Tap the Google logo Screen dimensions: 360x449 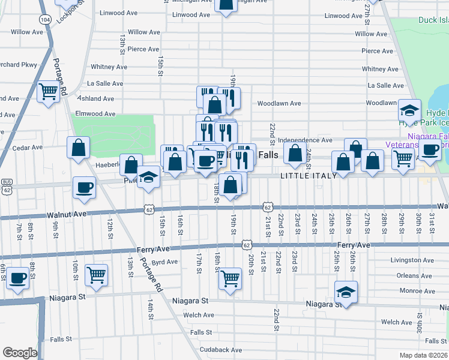pyautogui.click(x=20, y=353)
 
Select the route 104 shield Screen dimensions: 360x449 pyautogui.click(x=46, y=20)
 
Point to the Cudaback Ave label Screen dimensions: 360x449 pyautogui.click(x=221, y=350)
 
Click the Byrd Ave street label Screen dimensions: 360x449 pyautogui.click(x=164, y=262)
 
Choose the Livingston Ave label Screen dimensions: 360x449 pyautogui.click(x=412, y=260)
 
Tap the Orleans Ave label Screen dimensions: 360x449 pyautogui.click(x=414, y=276)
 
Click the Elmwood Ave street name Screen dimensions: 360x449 pyautogui.click(x=94, y=113)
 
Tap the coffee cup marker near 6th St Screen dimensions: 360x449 pyautogui.click(x=19, y=278)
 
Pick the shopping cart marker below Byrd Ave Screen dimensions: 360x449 pyautogui.click(x=230, y=278)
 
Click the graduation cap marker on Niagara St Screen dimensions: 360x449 pyautogui.click(x=346, y=292)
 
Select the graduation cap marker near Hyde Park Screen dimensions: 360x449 pyautogui.click(x=409, y=110)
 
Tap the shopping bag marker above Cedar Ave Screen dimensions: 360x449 pyautogui.click(x=79, y=147)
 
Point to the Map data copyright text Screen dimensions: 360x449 pyautogui.click(x=424, y=355)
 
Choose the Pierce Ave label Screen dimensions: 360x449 pyautogui.click(x=143, y=49)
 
